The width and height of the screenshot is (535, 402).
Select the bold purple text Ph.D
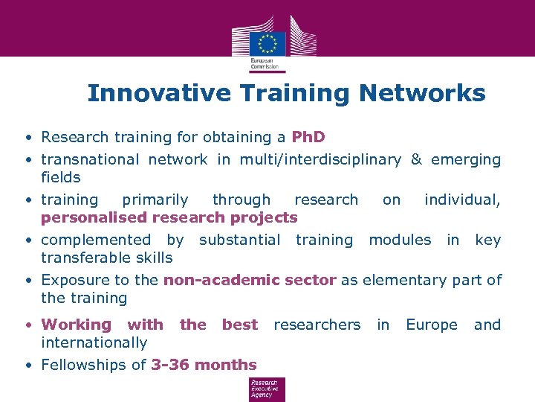pos(308,137)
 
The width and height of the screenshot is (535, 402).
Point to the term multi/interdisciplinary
pos(320,159)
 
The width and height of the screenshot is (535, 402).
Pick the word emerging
pos(466,159)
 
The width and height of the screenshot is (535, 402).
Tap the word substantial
pos(239,240)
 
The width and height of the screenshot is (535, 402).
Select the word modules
pos(400,240)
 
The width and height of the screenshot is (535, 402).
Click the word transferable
pos(84,258)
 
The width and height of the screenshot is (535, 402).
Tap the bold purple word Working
pos(76,325)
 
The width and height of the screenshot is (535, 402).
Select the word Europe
pos(432,325)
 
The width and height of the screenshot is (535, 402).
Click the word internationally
pos(94,342)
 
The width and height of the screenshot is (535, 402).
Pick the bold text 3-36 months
pos(204,365)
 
